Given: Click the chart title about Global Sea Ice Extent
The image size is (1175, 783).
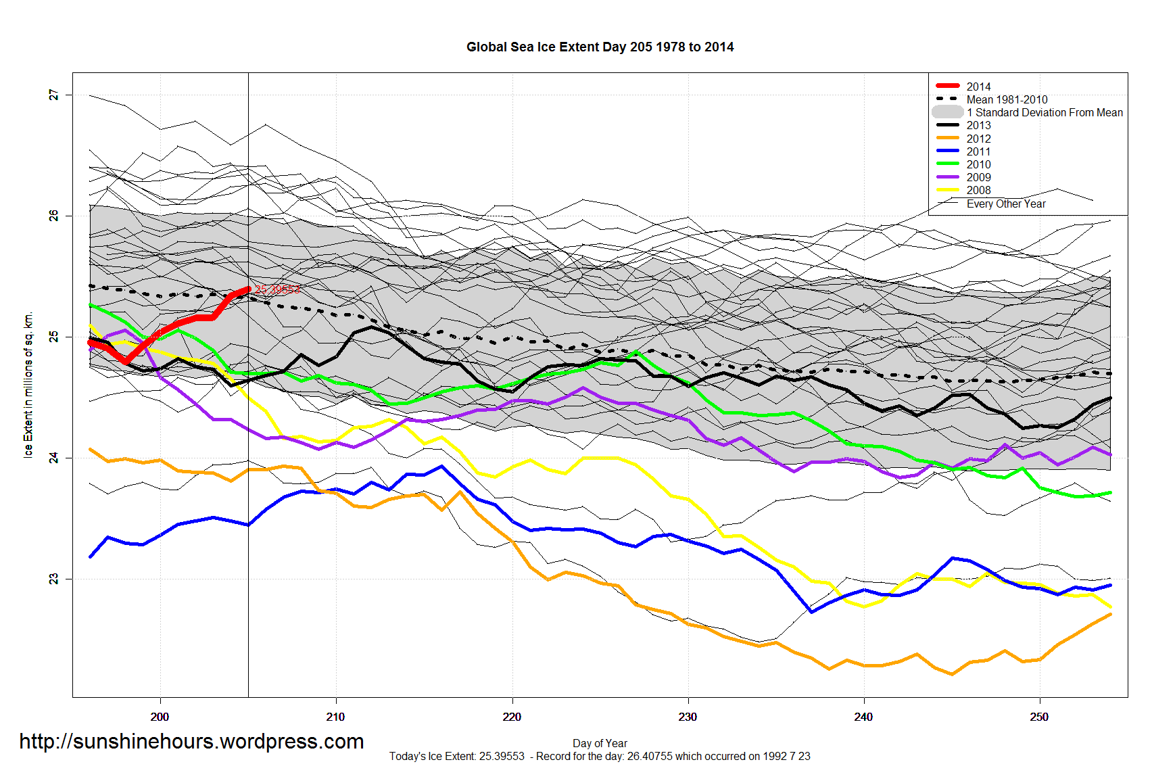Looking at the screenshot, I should click(x=600, y=47).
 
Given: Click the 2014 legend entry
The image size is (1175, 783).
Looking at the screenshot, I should click(x=978, y=87).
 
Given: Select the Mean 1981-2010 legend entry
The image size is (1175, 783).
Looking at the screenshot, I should click(x=1006, y=99).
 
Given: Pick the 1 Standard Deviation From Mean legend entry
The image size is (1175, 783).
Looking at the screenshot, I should click(x=1044, y=112).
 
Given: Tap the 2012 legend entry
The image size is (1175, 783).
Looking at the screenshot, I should click(x=978, y=139).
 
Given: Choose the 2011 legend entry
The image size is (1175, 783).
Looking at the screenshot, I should click(x=978, y=151).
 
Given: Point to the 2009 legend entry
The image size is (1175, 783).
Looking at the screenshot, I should click(x=978, y=177).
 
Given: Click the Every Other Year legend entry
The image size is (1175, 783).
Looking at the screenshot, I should click(x=1005, y=204).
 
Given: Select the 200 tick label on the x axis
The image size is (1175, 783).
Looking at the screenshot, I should click(x=160, y=717).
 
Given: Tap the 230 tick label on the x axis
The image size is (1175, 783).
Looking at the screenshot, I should click(x=688, y=717).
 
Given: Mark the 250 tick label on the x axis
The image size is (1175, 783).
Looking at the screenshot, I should click(x=1039, y=717).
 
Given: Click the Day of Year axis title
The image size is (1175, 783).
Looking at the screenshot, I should click(x=600, y=743).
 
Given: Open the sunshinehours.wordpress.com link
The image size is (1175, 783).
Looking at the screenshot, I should click(x=191, y=741).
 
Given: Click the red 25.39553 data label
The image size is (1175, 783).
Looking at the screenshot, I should click(x=277, y=289).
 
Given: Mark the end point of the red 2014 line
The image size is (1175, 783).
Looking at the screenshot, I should click(x=248, y=289).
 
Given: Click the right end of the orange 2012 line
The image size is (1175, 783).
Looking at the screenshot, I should click(x=1110, y=614).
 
